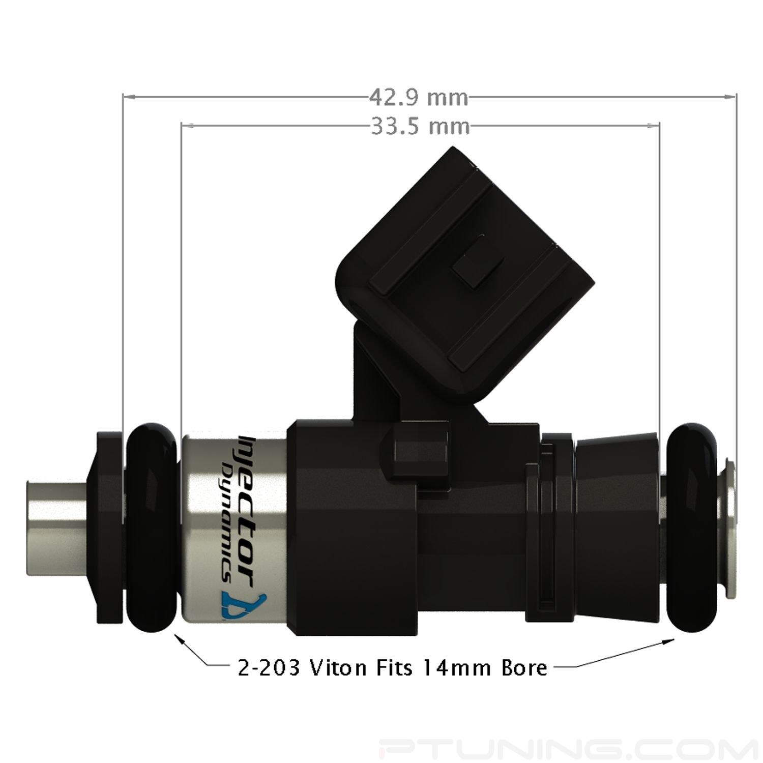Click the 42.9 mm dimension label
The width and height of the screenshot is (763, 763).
[418, 97]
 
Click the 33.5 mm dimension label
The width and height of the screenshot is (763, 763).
[420, 126]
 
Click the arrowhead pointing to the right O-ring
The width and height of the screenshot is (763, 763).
[670, 642]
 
